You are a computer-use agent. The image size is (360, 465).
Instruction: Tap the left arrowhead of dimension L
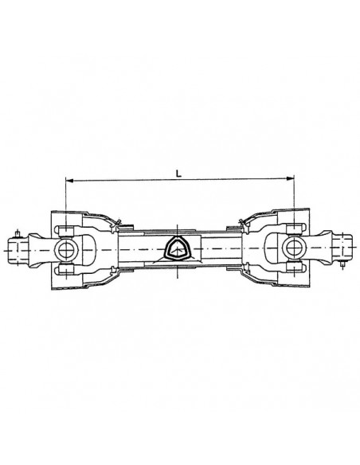coord(68,181)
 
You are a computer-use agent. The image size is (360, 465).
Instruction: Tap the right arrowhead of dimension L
coord(291,181)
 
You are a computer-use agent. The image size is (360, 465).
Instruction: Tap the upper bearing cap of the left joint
coord(65,230)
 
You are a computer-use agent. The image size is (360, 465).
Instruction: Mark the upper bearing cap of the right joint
coord(294,230)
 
